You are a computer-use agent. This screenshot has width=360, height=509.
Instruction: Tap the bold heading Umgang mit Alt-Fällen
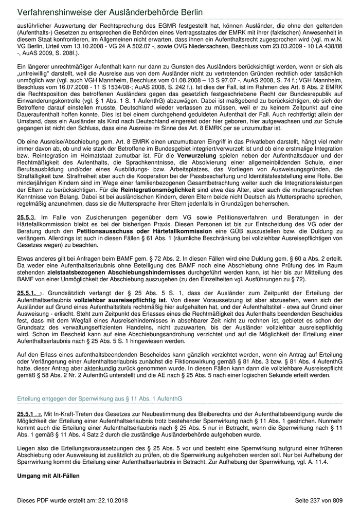tap(48, 476)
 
